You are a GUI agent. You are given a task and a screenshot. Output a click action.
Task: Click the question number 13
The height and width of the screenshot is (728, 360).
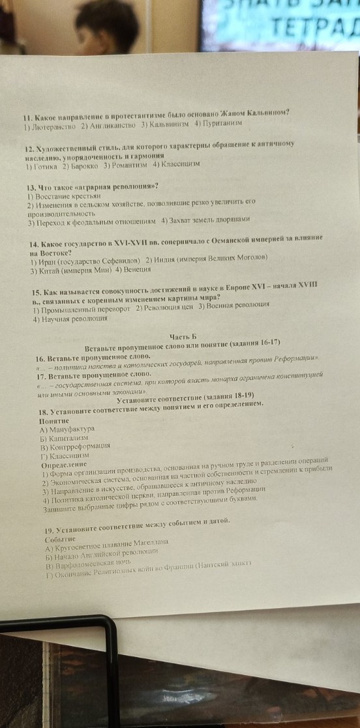coord(31,187)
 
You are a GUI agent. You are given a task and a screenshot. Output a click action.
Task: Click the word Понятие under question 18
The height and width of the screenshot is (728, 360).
coord(54,421)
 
